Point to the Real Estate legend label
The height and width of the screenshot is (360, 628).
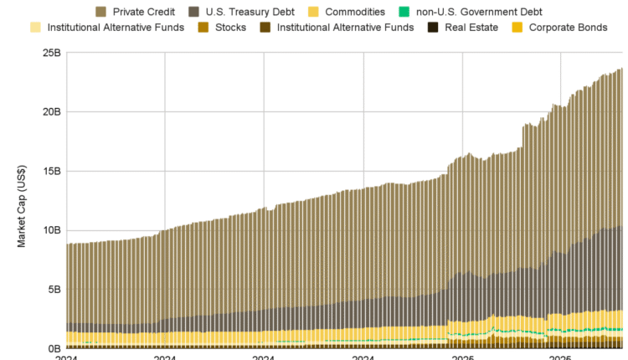(471, 27)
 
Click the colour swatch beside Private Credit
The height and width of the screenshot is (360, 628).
(101, 12)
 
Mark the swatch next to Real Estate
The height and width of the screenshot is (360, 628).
(434, 27)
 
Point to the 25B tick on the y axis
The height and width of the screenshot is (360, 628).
(51, 53)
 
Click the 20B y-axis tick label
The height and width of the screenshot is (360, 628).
(51, 112)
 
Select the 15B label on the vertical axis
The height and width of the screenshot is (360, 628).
(51, 172)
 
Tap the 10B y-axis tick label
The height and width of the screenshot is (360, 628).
(51, 230)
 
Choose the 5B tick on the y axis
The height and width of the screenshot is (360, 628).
(54, 290)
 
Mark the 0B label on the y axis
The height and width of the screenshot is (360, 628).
(54, 348)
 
